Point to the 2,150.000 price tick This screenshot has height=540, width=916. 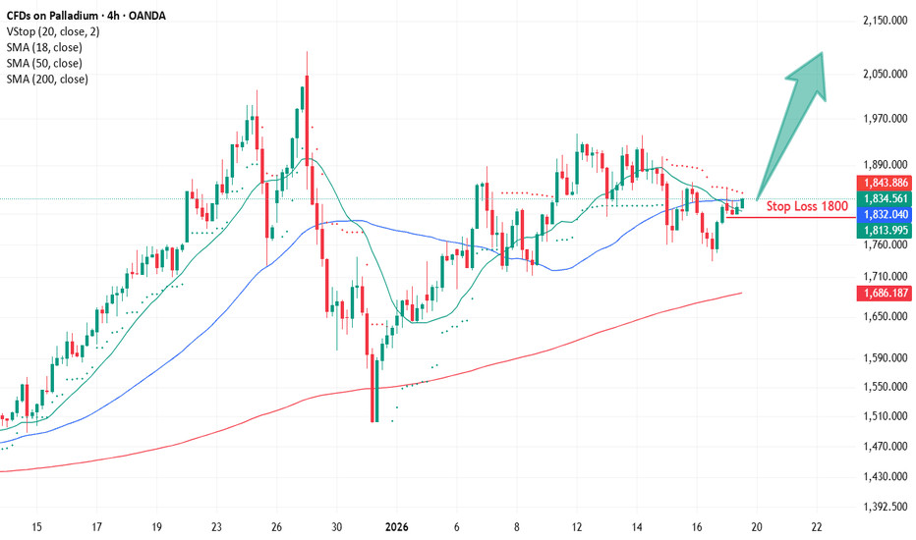point(882,21)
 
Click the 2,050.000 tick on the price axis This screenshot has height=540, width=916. point(882,74)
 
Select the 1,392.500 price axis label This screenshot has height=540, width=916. point(882,507)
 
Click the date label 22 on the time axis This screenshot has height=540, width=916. point(817,526)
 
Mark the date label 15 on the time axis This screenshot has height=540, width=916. point(37,526)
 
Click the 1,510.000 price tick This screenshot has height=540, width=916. point(882,415)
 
